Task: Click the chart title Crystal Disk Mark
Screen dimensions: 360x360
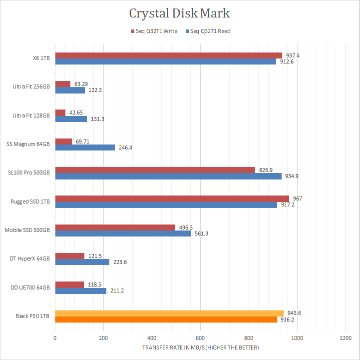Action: click(x=179, y=13)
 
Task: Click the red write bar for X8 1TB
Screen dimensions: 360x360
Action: click(x=168, y=55)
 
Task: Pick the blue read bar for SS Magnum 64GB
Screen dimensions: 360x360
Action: click(x=85, y=147)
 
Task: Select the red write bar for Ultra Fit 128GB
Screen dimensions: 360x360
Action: click(x=60, y=113)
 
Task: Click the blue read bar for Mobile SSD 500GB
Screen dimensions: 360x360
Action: click(x=123, y=233)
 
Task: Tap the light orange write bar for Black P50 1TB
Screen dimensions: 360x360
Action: click(x=169, y=313)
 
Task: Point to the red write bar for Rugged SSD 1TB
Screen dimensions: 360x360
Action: click(x=172, y=199)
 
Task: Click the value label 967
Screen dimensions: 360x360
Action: click(x=297, y=198)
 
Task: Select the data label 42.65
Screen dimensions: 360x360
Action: click(x=76, y=112)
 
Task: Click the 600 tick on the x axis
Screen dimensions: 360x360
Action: click(x=200, y=338)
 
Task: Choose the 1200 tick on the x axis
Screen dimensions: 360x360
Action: click(x=345, y=338)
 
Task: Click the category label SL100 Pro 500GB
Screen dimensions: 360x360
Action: click(x=28, y=173)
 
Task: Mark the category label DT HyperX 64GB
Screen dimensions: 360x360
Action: click(x=30, y=258)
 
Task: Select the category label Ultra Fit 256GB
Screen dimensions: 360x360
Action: click(x=31, y=86)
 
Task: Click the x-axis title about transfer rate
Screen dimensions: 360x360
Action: click(x=201, y=347)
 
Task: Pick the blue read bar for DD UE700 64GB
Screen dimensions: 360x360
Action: click(x=80, y=291)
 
